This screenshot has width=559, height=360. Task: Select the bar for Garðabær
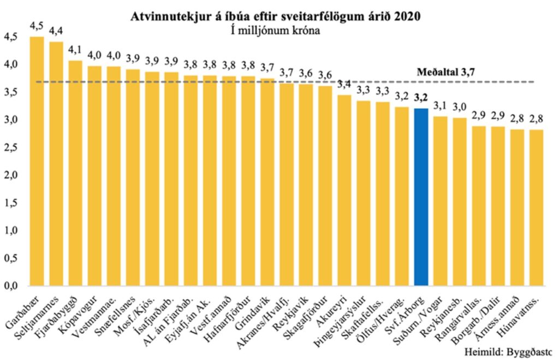point(37,161)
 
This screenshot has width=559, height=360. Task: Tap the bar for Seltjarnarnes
point(56,164)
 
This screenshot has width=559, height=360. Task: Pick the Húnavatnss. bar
point(537,208)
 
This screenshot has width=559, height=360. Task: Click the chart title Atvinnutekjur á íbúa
point(275,17)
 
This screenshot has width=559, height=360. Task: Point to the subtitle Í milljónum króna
point(275,31)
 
